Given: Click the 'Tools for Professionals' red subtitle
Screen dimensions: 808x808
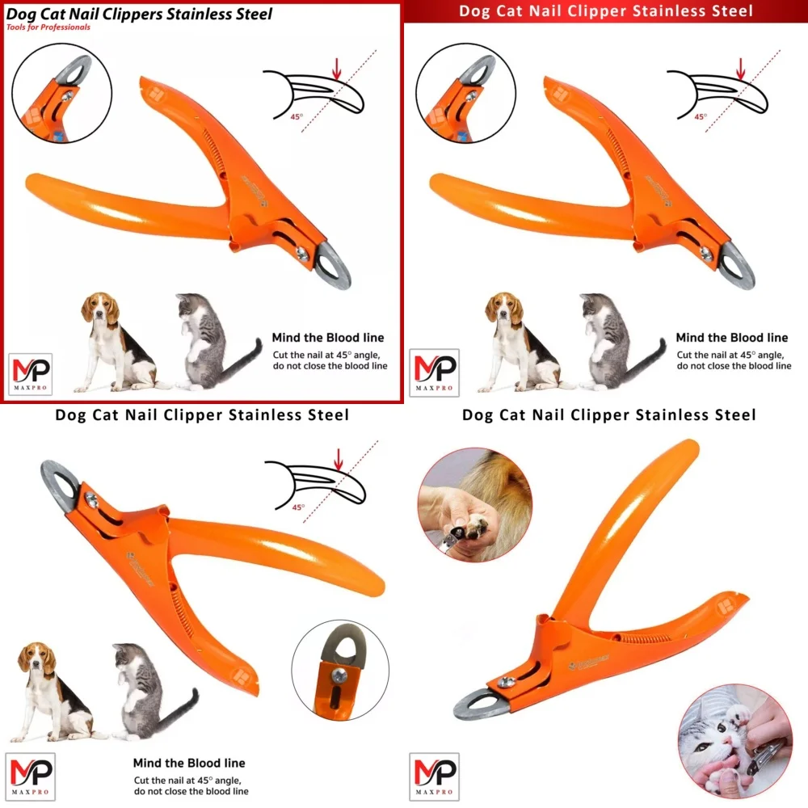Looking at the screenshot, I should coord(48,27).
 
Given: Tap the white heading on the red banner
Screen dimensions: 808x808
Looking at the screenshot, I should coord(606,11).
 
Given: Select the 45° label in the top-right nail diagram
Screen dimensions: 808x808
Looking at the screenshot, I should coord(700,116).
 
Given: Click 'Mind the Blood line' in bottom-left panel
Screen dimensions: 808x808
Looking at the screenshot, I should coord(189,763).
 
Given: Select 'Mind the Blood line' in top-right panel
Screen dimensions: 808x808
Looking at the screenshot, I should coord(732,338).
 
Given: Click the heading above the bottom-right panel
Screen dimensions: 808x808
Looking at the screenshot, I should coord(608,415).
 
